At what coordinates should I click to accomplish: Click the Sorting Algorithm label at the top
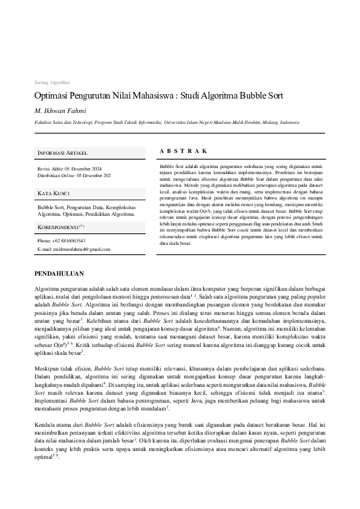(51, 82)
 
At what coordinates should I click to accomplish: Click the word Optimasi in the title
(52, 96)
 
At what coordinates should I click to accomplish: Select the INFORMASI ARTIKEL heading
(62, 153)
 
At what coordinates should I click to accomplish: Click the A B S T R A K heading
(183, 151)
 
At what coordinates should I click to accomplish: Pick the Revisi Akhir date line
(70, 169)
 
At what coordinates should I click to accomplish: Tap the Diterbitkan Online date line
(74, 175)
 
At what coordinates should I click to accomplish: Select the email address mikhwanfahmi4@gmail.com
(81, 249)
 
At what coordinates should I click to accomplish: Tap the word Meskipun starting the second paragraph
(48, 368)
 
